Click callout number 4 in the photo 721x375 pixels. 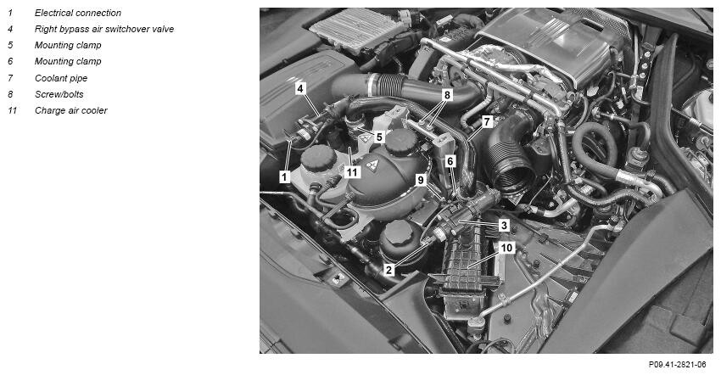tap(300, 88)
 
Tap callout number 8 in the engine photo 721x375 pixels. tap(447, 95)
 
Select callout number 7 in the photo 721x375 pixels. tap(487, 122)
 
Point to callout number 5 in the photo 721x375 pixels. tap(379, 137)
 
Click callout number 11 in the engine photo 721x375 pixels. tap(352, 172)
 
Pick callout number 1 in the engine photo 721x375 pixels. tap(285, 176)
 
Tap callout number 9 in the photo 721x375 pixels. tap(421, 180)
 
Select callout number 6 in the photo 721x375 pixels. tap(450, 161)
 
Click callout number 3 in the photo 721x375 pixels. tap(505, 226)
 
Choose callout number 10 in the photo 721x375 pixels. tap(506, 248)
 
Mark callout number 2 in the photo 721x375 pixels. tap(389, 270)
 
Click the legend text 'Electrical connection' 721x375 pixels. tap(78, 13)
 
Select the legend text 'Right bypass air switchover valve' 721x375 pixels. tap(104, 29)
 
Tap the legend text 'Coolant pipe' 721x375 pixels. tap(61, 78)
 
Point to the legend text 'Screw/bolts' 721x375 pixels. tap(59, 94)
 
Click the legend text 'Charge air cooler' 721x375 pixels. tap(70, 110)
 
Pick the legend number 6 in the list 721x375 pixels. tap(10, 61)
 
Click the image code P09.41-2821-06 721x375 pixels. tap(678, 365)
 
